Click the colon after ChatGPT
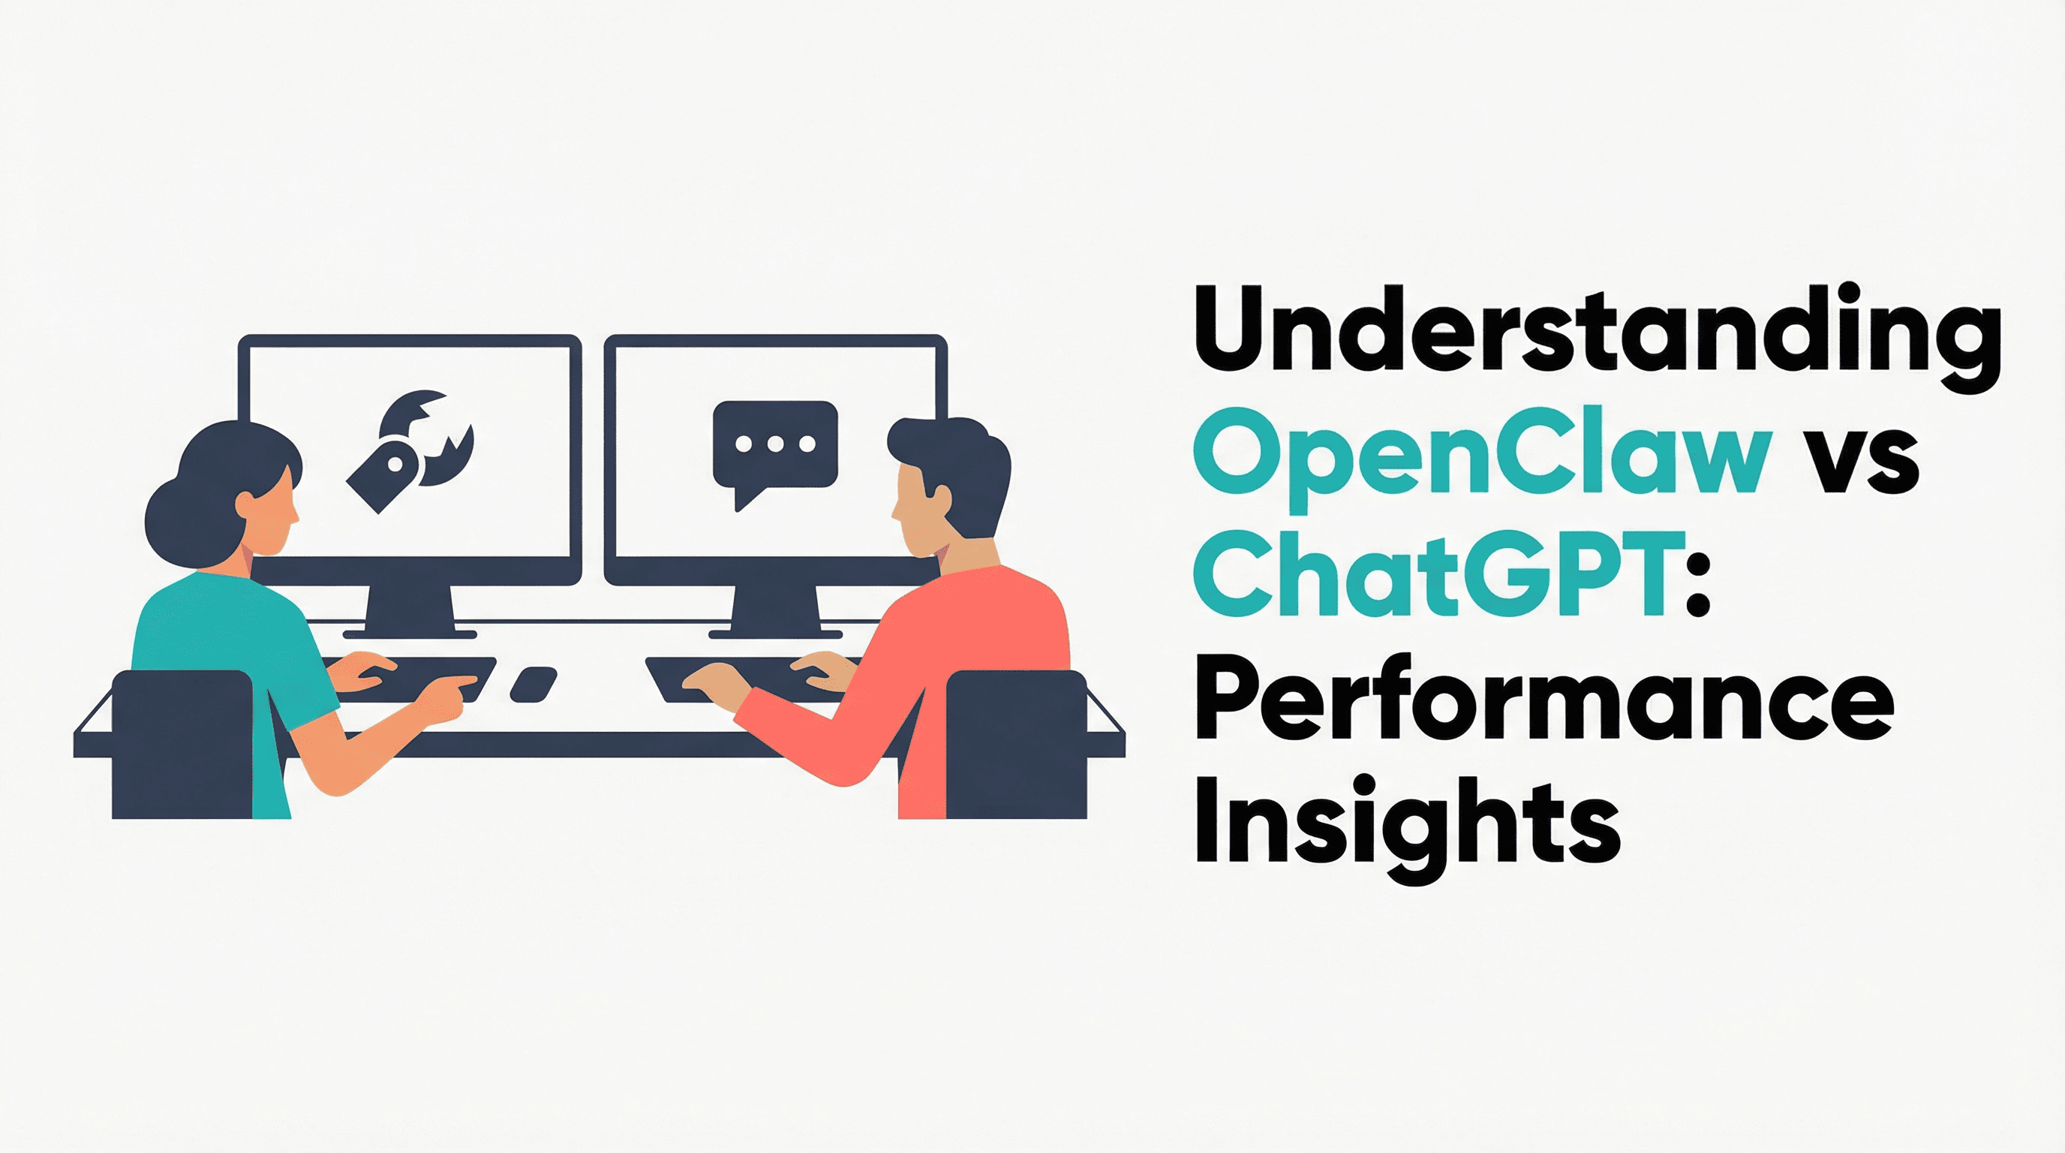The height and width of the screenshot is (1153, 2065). (x=1697, y=579)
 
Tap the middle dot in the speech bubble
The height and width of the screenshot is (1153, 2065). (x=774, y=444)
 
